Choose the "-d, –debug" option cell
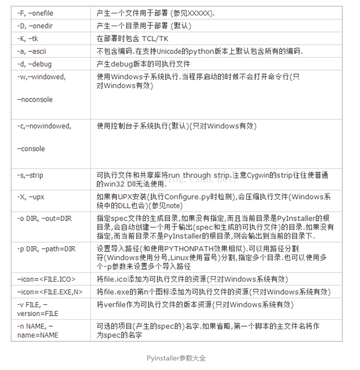pos(34,64)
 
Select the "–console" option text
pos(31,149)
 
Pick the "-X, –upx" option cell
pos(30,197)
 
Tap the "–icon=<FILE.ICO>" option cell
pos(47,279)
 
